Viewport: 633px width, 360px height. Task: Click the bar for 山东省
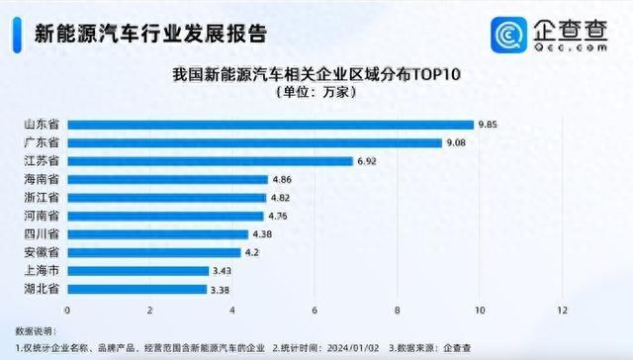[269, 124]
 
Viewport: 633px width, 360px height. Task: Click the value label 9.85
[488, 124]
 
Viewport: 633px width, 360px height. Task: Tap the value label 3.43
[223, 270]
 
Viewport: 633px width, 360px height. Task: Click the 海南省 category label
[41, 179]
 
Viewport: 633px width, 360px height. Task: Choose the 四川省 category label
[41, 233]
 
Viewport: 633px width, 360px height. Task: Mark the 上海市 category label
[41, 270]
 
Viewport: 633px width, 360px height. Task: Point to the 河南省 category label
[41, 216]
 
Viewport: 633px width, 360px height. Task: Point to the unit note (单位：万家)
[315, 92]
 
